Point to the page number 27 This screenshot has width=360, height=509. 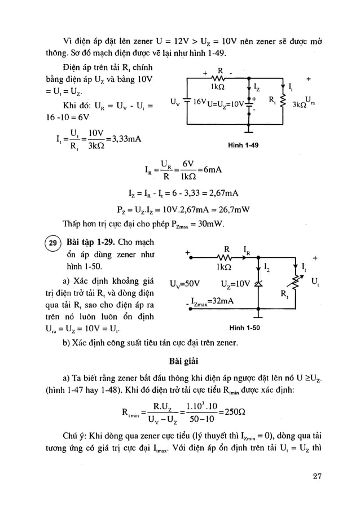pos(315,476)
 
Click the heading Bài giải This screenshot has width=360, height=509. pos(180,361)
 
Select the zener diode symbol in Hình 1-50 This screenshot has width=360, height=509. pos(260,282)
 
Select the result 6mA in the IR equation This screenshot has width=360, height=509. pos(209,169)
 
